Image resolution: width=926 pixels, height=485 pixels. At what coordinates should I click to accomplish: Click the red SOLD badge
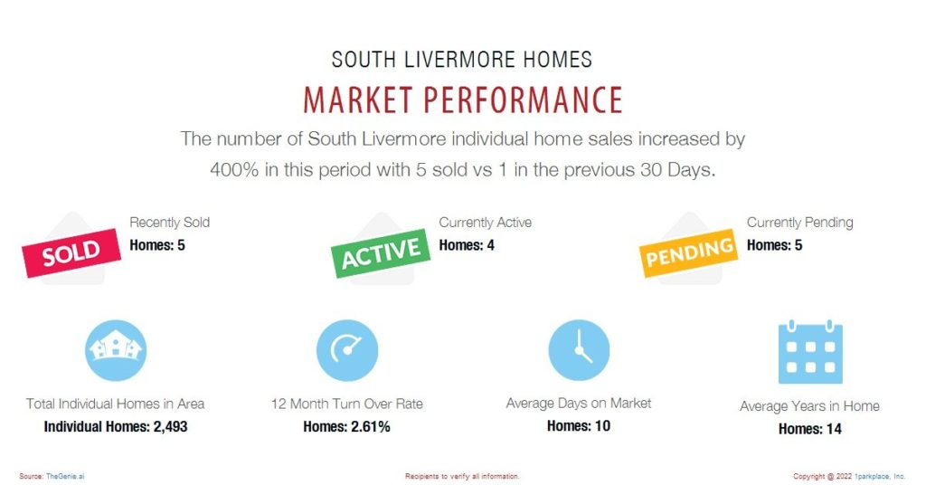(x=71, y=252)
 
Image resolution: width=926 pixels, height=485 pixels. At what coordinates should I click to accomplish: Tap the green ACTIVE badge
(x=381, y=252)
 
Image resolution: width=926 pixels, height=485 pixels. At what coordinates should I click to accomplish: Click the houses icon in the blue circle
(x=116, y=350)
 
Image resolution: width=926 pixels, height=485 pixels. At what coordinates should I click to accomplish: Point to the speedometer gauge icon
(x=347, y=350)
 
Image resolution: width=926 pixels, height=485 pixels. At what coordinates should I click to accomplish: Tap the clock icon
(x=579, y=350)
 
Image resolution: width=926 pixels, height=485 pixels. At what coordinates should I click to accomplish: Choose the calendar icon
(x=810, y=352)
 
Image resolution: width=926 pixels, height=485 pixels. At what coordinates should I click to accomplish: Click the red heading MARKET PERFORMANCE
(x=463, y=100)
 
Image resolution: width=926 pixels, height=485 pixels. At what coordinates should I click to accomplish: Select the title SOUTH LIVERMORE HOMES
(x=462, y=60)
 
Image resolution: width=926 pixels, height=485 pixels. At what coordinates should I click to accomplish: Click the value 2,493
(x=170, y=426)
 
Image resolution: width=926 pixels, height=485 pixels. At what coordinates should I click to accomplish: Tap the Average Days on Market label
(x=579, y=404)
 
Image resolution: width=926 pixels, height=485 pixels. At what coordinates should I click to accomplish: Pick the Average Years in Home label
(x=809, y=406)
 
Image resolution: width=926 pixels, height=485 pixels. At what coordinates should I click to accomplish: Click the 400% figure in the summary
(x=234, y=170)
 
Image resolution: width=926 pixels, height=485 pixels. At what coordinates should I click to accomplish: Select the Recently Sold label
(x=169, y=223)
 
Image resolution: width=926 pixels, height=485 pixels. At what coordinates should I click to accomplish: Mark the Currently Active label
(x=485, y=223)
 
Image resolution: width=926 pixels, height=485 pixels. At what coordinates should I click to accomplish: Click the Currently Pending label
(x=799, y=223)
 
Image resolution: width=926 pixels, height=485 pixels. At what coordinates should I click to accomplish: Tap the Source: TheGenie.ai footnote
(x=52, y=476)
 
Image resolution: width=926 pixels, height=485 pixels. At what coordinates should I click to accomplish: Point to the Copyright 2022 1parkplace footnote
(x=849, y=476)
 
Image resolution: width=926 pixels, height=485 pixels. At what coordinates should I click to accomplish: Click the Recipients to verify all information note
(x=462, y=476)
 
